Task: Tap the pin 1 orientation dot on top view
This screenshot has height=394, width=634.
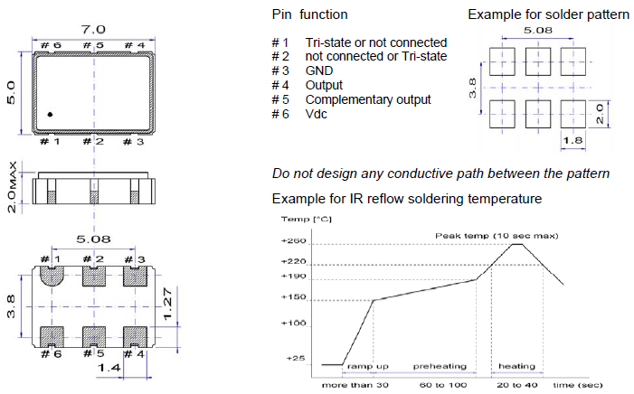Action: [x=51, y=114]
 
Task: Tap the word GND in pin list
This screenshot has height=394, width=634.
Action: [x=319, y=70]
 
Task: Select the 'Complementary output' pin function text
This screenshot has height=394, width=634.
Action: [x=368, y=99]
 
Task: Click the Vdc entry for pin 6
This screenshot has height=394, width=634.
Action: [x=317, y=114]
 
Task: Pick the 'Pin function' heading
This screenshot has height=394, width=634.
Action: [x=309, y=15]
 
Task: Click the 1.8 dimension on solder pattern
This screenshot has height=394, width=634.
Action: [x=573, y=139]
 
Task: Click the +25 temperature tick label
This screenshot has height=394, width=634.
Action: [x=296, y=359]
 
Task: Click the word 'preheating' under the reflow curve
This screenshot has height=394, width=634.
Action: [x=440, y=367]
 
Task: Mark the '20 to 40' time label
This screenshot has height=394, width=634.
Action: [x=516, y=385]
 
